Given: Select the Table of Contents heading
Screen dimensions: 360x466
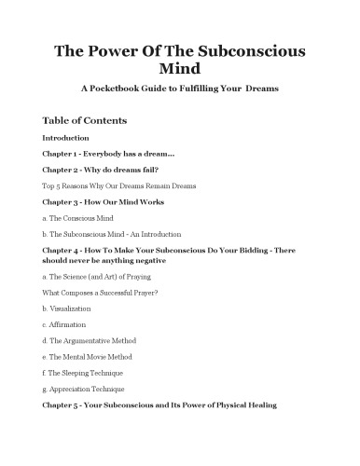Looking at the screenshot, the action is coord(85,121).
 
